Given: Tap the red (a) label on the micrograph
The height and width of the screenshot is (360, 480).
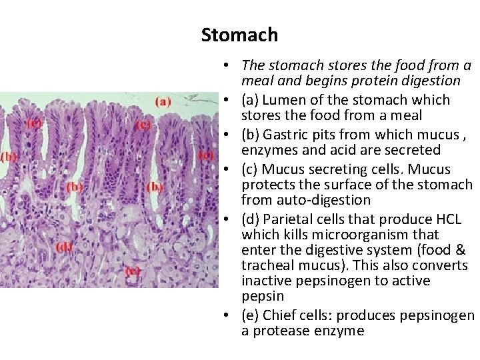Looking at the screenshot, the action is [163, 102].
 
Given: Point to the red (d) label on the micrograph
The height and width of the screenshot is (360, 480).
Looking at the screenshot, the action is [65, 247].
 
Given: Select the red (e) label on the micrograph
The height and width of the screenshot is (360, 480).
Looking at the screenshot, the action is [132, 271].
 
